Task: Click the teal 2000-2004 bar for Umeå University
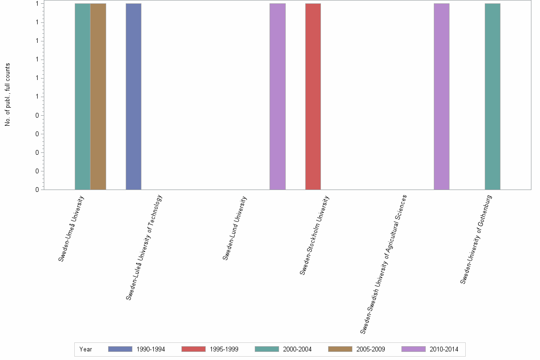coord(82,96)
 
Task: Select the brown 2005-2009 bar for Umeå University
coord(98,96)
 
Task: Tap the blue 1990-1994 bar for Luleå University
coord(133,96)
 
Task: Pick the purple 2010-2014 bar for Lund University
coord(278,96)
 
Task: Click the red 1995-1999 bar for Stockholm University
coord(313,96)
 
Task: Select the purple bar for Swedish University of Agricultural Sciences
coord(441,96)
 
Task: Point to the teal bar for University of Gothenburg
coord(492,96)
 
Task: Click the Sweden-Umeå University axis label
coord(71,228)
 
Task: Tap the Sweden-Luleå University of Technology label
coord(144,247)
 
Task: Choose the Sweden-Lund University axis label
coord(235,228)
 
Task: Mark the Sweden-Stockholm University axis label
coord(314,235)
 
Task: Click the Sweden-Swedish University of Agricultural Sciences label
coord(383,264)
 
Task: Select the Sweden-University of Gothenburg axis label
coord(476,240)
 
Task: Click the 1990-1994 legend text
coord(150,350)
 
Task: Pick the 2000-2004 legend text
coord(297,350)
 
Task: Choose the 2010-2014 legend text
coord(443,350)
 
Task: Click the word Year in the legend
coord(86,350)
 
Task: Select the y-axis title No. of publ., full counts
coord(8,94)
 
